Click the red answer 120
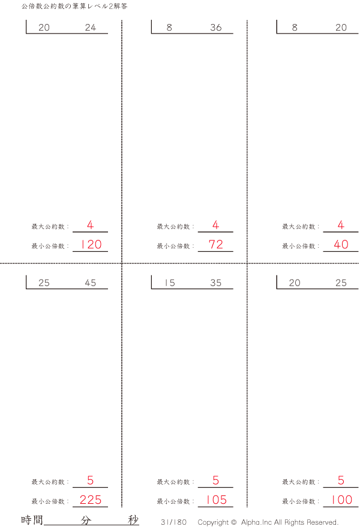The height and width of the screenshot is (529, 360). tap(91, 244)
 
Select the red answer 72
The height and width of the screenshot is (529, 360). tap(216, 244)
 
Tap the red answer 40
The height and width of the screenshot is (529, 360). tap(341, 244)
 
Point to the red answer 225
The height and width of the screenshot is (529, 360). tap(91, 500)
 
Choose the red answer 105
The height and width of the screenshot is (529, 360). tap(216, 500)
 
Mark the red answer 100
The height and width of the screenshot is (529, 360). tap(342, 500)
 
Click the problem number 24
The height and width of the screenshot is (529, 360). tap(91, 28)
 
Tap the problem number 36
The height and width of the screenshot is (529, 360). tap(216, 28)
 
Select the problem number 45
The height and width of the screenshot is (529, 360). tap(91, 282)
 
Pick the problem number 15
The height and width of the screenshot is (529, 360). tap(170, 282)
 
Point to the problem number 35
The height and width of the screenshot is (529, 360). tap(216, 282)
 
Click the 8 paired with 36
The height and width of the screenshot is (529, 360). tap(169, 28)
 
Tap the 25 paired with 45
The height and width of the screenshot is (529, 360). tap(44, 282)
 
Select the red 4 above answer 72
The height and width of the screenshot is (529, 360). tap(215, 225)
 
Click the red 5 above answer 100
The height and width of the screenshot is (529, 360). tap(341, 480)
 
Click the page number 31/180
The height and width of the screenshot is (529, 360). tap(173, 522)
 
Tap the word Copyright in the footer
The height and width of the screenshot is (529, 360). tap(213, 522)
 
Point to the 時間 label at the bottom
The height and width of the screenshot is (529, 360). tap(32, 520)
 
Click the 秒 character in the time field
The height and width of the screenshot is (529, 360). tap(133, 520)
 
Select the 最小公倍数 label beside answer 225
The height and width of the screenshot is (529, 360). tap(48, 501)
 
